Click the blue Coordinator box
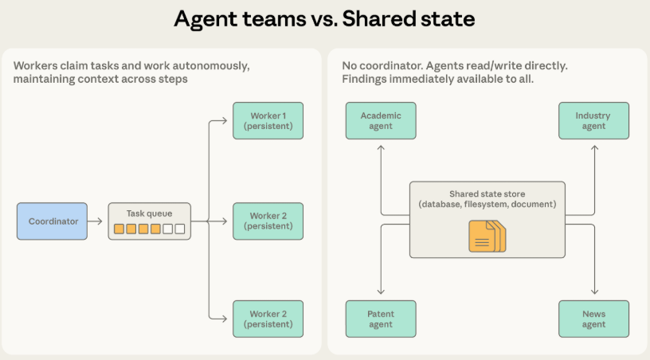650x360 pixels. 53,221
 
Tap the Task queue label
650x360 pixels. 149,213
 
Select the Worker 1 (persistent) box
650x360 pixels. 268,120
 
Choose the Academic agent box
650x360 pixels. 381,120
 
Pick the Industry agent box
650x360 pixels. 593,120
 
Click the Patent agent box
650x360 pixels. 381,319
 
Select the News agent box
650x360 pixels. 593,319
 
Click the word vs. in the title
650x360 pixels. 320,19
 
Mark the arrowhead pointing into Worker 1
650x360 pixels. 229,121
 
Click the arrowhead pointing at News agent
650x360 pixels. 593,295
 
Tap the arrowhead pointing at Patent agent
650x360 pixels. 381,295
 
